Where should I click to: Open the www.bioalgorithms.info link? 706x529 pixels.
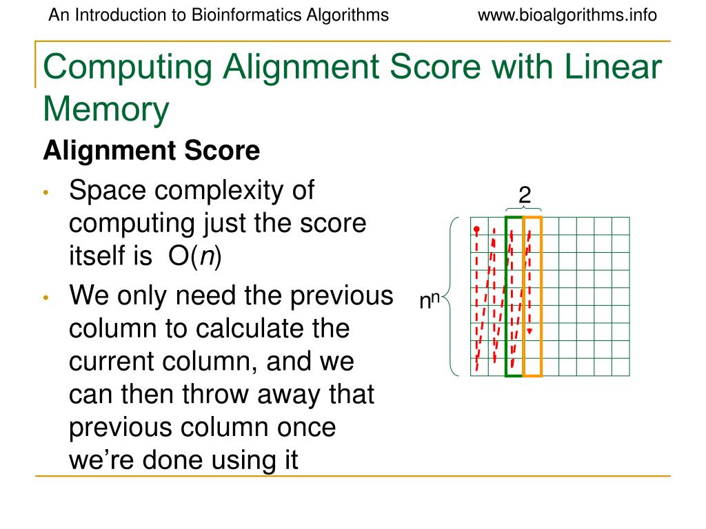coord(567,15)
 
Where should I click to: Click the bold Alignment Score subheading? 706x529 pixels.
coord(151,151)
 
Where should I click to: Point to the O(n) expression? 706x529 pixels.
coord(194,257)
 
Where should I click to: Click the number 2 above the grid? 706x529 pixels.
coord(525,196)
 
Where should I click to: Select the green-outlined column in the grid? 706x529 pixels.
coord(514,297)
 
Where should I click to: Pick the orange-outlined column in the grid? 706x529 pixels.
coord(532,297)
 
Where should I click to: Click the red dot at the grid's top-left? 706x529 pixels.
coord(476,228)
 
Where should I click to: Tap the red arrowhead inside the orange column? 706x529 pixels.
coord(529,332)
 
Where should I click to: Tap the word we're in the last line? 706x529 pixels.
coord(103,460)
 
